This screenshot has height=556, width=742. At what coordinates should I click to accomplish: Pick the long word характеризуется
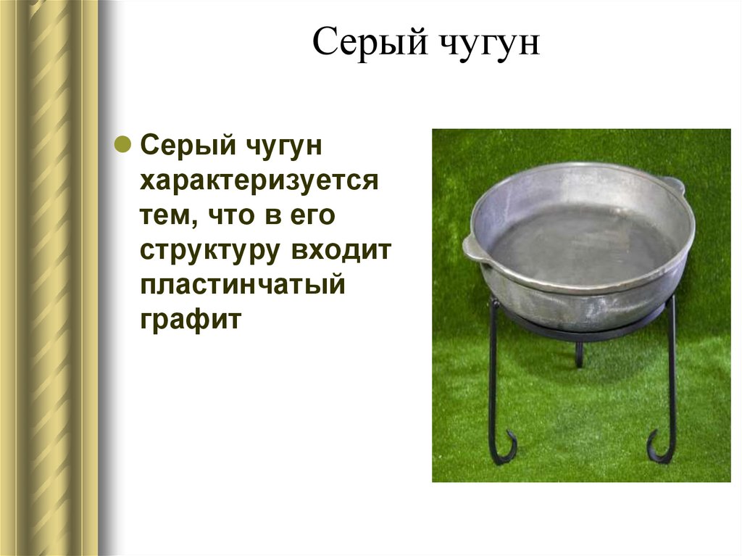click(259, 180)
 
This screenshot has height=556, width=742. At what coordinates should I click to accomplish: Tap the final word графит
click(189, 319)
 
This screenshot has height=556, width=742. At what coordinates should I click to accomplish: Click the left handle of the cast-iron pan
click(473, 247)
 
